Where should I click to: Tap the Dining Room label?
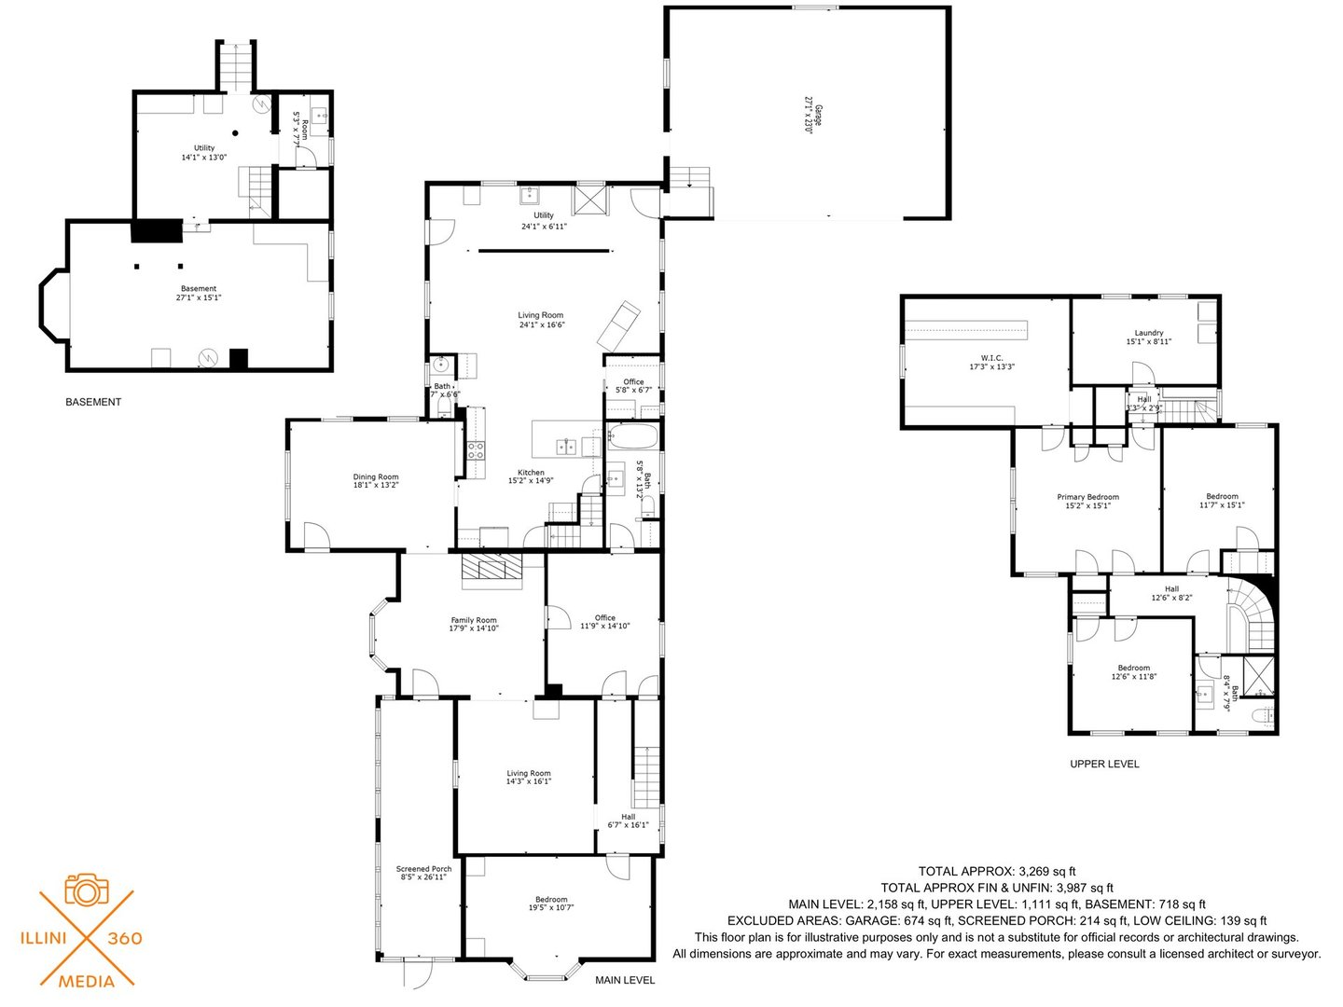(375, 476)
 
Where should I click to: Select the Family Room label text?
(474, 620)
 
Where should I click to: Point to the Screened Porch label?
(423, 869)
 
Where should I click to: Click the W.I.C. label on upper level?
(991, 357)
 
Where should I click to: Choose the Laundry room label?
(1148, 333)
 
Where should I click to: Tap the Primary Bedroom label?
(1087, 497)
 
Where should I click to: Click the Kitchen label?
(531, 473)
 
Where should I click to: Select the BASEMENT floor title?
(93, 402)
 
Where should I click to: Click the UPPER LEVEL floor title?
(1104, 764)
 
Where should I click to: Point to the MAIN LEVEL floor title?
(625, 980)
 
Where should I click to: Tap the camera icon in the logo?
(87, 890)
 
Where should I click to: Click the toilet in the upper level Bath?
(1262, 717)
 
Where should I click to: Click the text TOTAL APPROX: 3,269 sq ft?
(997, 871)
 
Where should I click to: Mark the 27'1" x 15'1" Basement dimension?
(199, 297)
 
